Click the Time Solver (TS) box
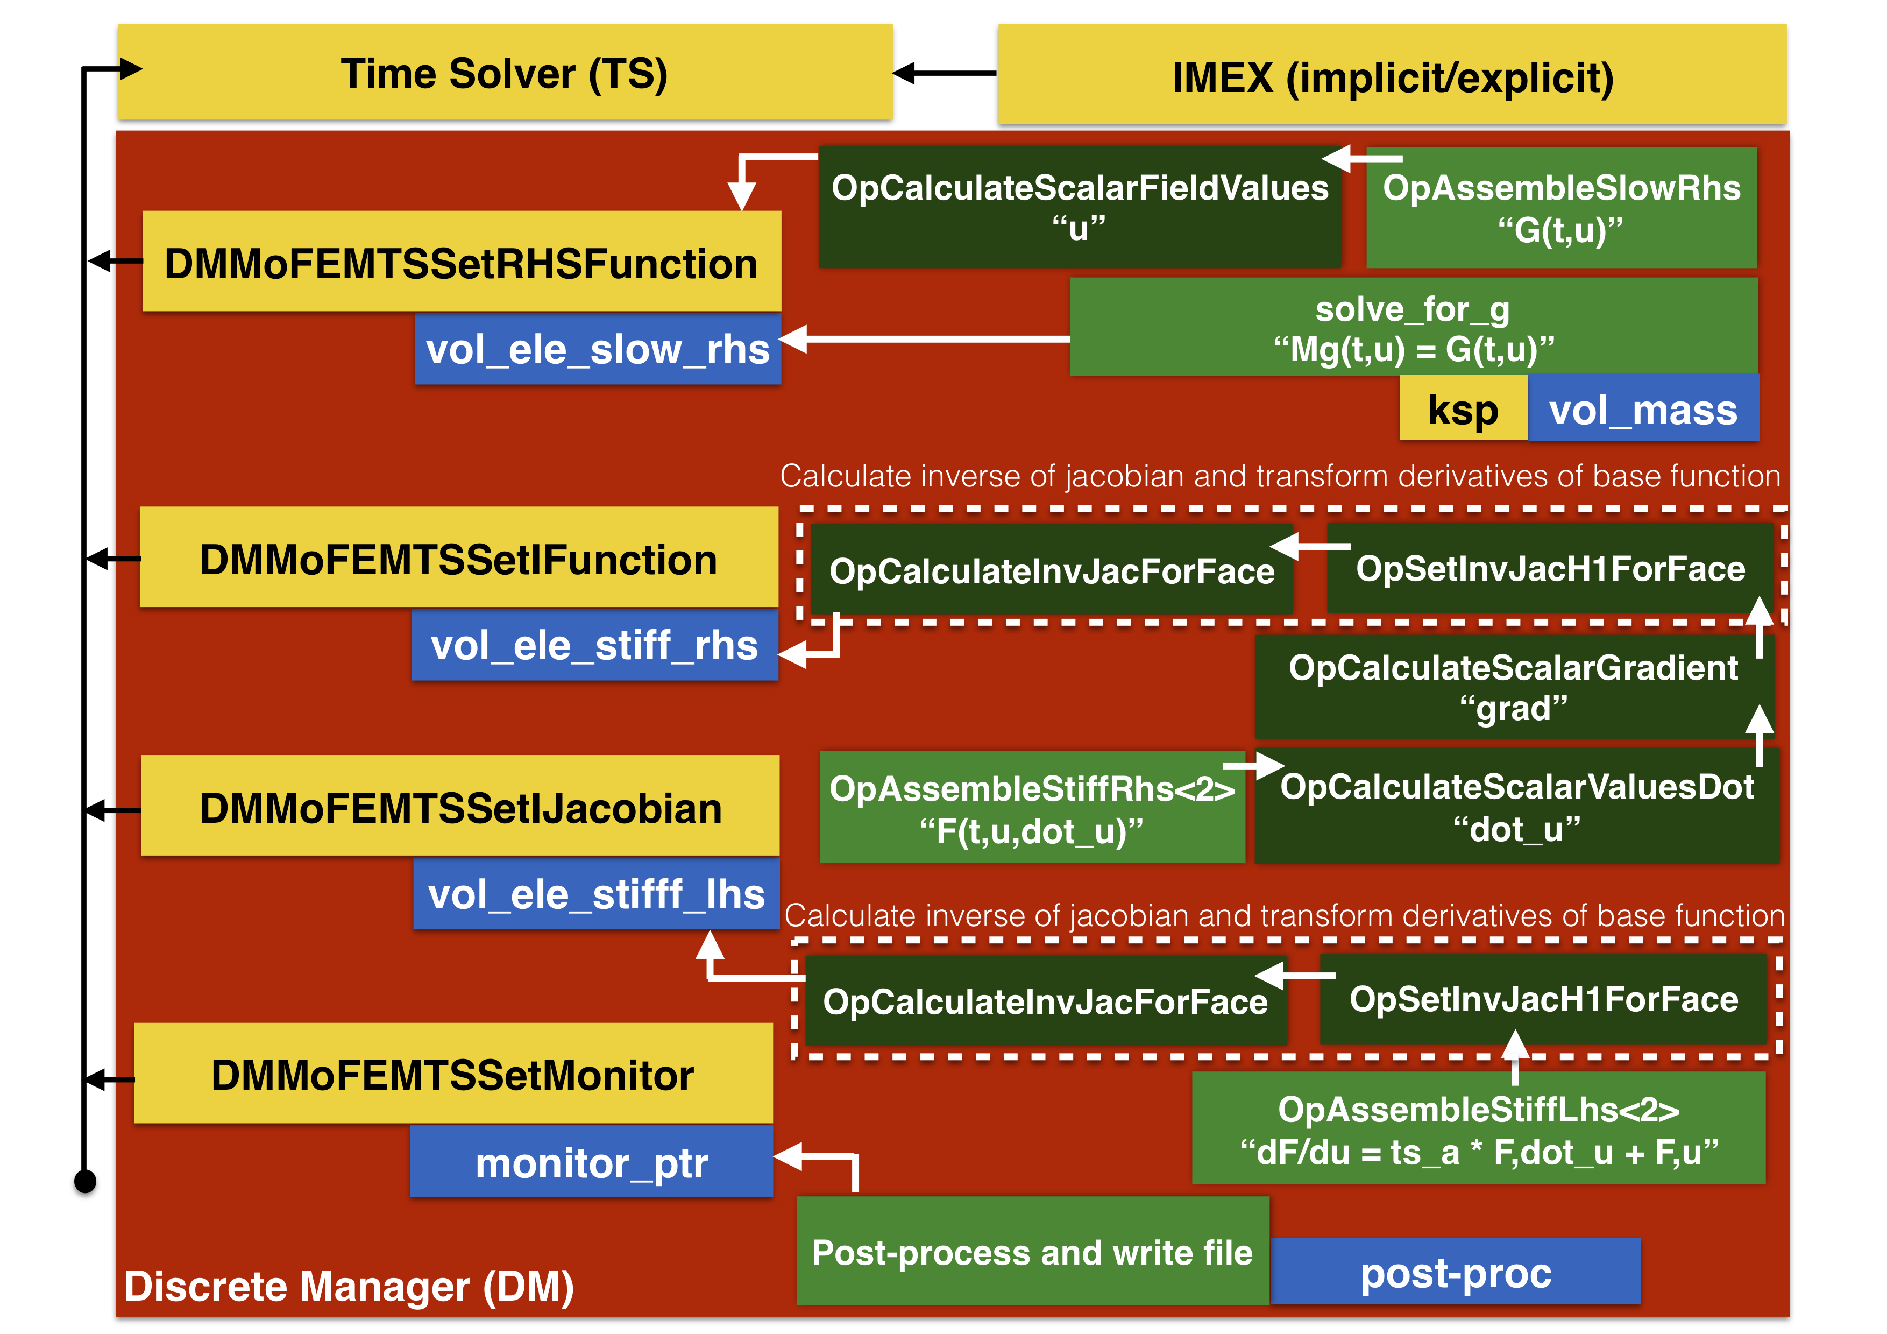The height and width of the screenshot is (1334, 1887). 505,73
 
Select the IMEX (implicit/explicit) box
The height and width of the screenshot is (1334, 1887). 1392,76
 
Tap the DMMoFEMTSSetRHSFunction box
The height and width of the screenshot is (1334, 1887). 461,262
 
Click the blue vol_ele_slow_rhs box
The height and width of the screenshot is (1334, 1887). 598,349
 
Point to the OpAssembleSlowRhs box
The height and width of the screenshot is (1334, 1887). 1560,208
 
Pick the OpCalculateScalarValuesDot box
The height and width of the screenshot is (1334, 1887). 1516,806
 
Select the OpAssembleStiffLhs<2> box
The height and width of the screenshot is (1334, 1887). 1478,1128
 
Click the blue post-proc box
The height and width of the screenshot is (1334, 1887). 1456,1272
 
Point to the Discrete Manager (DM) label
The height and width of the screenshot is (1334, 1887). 349,1286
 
